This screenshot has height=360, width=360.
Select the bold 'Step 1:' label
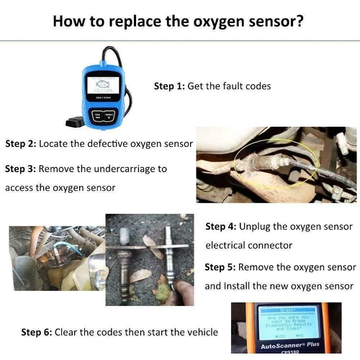point(169,86)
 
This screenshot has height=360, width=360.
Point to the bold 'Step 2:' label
point(20,143)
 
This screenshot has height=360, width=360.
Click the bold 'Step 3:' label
point(20,169)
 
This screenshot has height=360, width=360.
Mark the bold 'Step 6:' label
point(36,332)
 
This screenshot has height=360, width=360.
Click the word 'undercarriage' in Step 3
point(120,169)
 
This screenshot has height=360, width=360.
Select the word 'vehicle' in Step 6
point(201,332)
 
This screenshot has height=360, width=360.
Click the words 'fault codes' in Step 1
point(245,86)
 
